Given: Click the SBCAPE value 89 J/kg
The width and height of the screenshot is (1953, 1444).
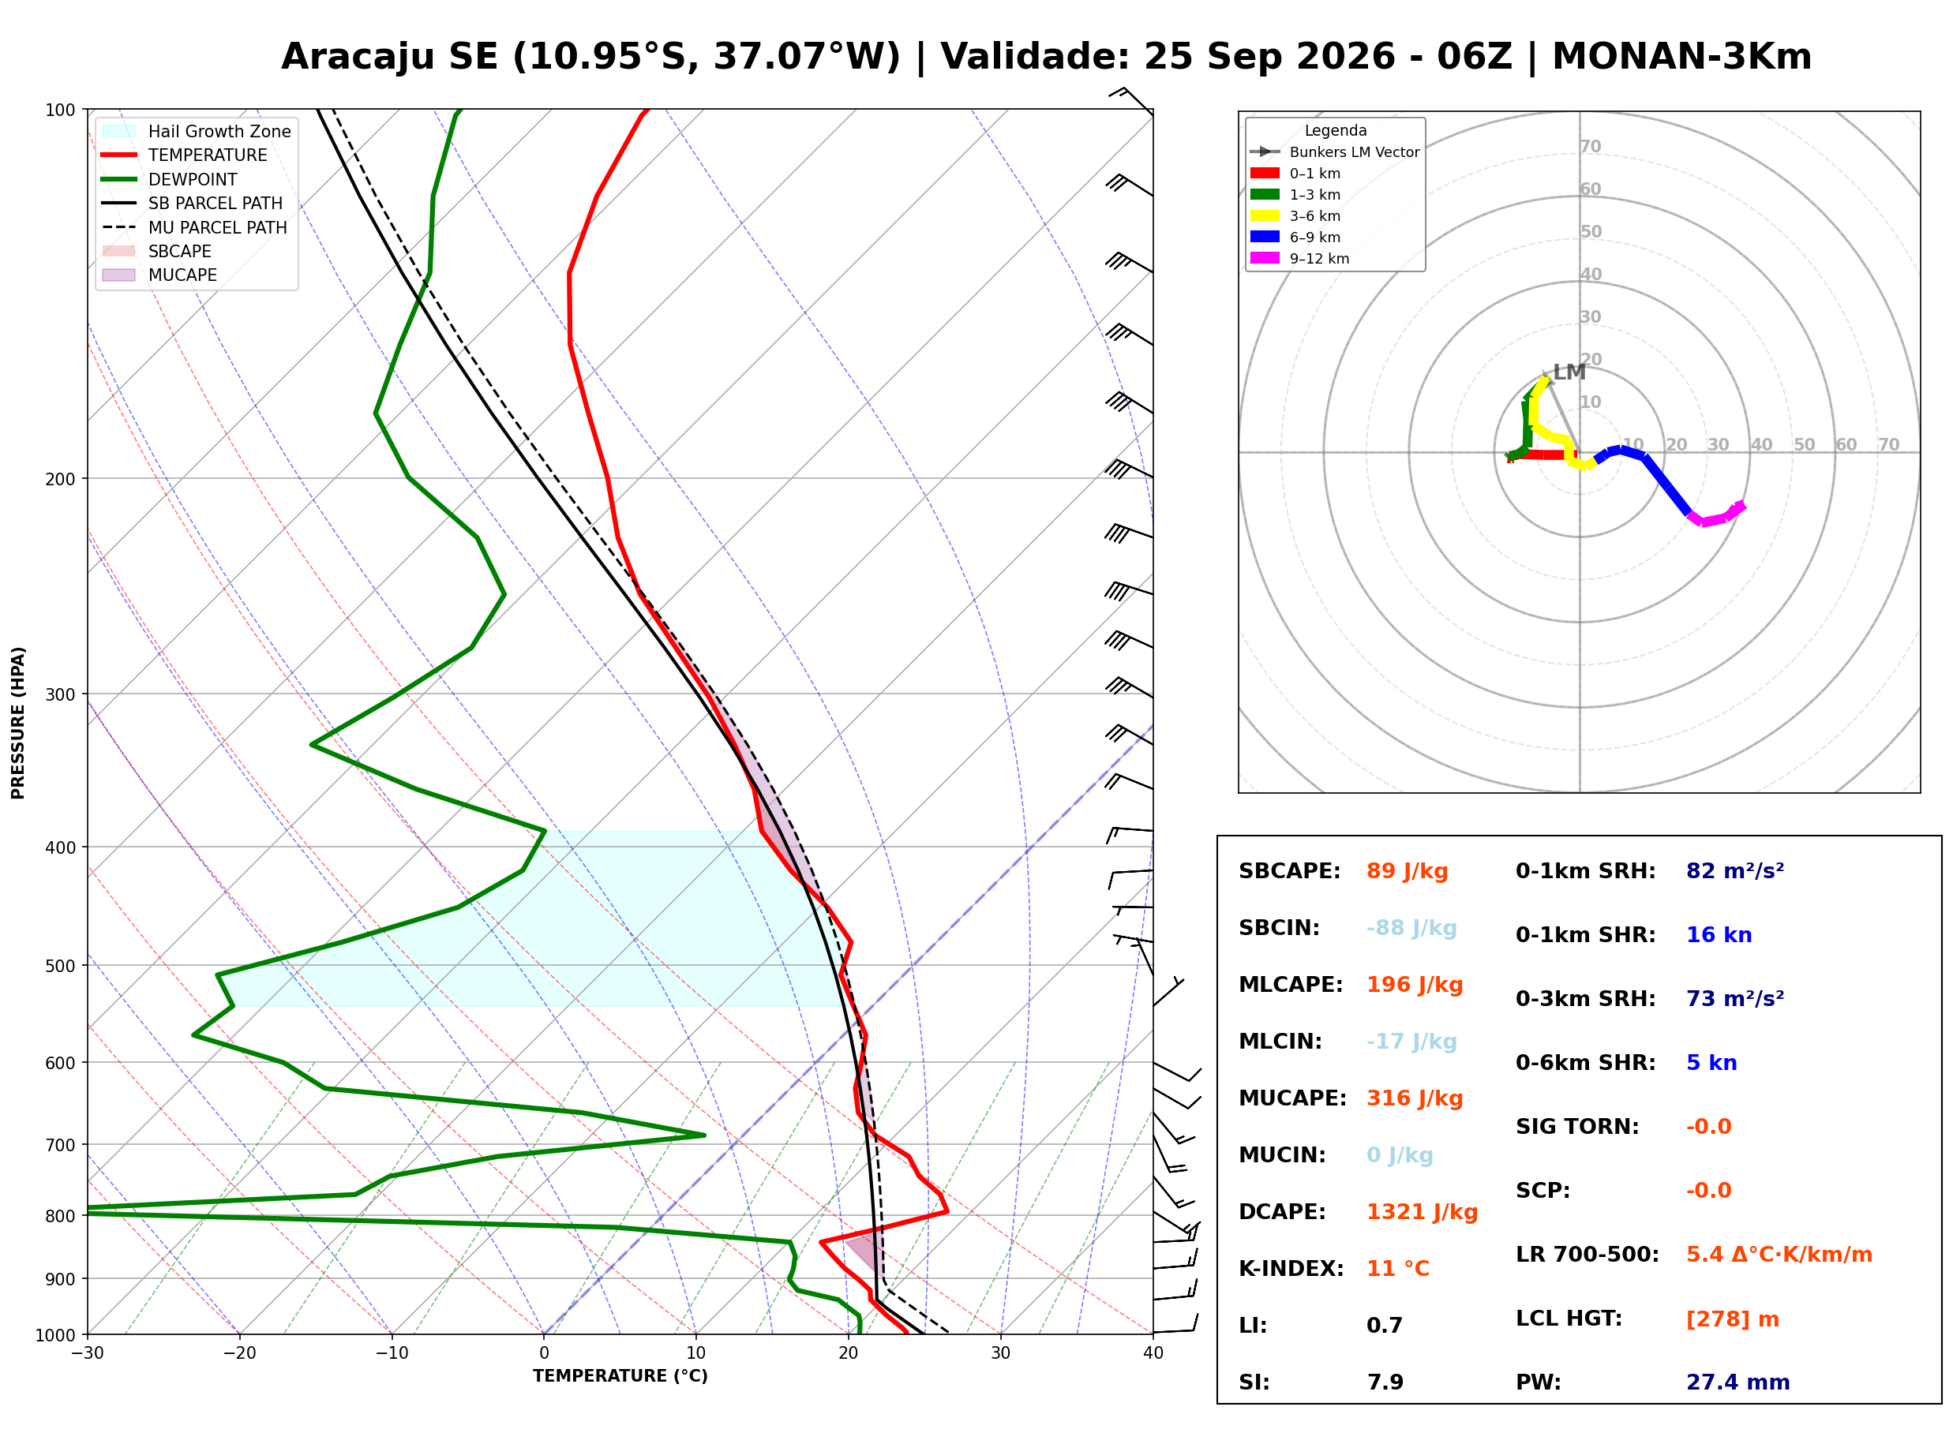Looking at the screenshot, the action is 1407,871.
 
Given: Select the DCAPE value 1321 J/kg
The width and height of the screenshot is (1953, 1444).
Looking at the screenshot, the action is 1422,1212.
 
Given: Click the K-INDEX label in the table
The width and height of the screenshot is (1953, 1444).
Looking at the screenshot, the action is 1291,1269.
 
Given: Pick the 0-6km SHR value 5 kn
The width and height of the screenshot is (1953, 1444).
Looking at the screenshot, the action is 1711,1063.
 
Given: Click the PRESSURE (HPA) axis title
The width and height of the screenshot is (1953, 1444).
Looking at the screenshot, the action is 18,723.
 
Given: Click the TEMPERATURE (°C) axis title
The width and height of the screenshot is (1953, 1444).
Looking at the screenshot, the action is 620,1377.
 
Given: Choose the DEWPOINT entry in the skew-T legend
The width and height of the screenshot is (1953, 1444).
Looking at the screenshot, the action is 193,179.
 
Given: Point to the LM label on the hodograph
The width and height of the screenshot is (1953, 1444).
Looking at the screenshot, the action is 1569,372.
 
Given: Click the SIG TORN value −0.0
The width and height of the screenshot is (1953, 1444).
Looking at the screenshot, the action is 1708,1127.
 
